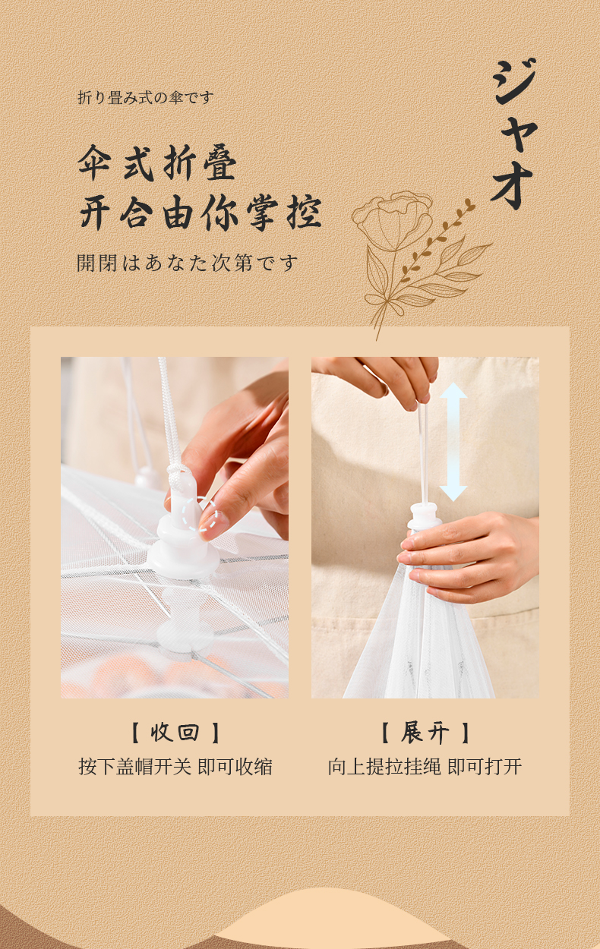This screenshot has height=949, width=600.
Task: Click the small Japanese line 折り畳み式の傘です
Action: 145,98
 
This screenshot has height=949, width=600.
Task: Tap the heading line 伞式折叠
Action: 157,163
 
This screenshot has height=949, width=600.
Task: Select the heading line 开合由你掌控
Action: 200,213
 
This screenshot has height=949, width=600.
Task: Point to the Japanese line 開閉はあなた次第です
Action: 187,263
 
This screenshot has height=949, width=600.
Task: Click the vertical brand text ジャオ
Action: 514,134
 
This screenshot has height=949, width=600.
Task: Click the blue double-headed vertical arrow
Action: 453,441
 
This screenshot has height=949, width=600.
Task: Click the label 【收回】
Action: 175,733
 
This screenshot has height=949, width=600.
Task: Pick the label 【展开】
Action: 425,733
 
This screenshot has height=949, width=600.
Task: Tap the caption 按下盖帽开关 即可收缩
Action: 175,766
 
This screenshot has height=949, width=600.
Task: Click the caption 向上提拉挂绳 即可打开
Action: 425,766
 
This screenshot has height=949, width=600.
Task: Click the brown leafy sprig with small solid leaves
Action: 437,241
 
